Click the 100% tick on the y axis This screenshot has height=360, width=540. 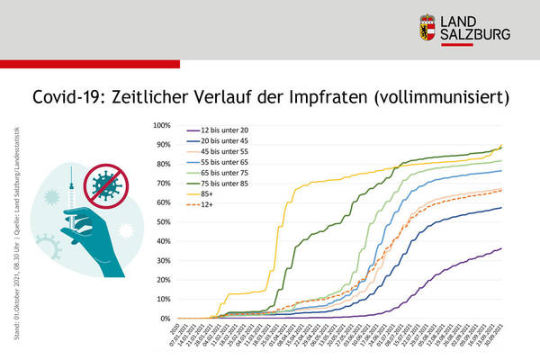162,125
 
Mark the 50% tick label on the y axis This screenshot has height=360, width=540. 164,221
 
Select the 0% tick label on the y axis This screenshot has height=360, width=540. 166,319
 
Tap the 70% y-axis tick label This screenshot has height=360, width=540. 164,183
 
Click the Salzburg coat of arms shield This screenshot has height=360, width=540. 429,28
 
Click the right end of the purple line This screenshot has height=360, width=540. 500,248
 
